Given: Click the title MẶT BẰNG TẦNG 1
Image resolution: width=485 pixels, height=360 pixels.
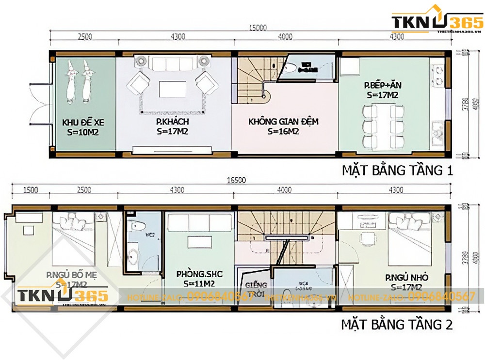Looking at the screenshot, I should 397,171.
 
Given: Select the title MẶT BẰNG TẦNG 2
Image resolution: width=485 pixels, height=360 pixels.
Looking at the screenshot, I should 397,324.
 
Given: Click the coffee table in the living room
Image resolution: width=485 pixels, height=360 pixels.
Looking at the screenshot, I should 172,89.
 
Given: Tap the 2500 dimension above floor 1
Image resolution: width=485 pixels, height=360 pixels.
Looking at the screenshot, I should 85,36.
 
